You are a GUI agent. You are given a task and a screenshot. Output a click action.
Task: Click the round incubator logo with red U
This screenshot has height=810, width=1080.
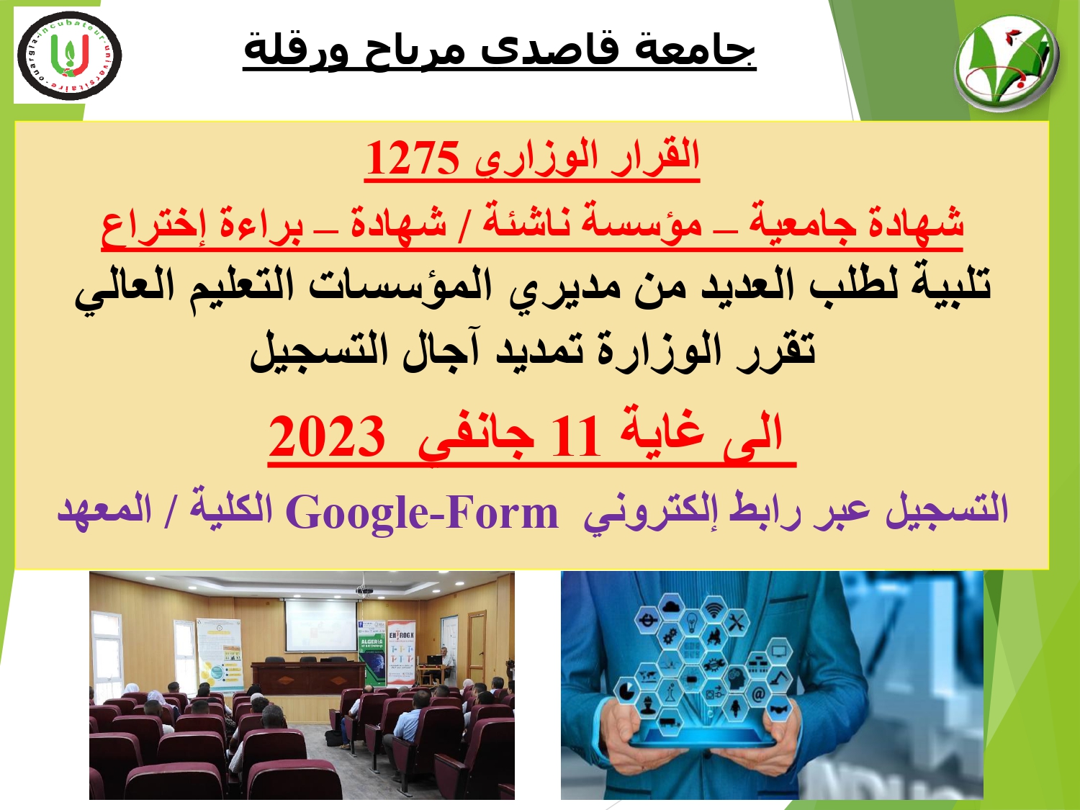[69, 55]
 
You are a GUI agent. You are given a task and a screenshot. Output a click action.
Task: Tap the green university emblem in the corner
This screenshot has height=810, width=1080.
[1007, 63]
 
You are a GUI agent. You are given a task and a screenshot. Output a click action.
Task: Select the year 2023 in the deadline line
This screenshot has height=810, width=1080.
[327, 437]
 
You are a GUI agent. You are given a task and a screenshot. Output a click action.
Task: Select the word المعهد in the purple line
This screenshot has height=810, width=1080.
[105, 510]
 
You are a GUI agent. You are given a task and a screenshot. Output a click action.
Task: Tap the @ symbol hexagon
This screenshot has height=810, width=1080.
[758, 694]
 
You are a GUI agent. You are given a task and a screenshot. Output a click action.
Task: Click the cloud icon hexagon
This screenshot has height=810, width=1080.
[670, 608]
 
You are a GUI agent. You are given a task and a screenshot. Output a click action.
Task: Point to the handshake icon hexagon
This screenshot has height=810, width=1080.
[778, 710]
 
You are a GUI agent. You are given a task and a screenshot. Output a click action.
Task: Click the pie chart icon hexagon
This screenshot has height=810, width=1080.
[626, 690]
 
